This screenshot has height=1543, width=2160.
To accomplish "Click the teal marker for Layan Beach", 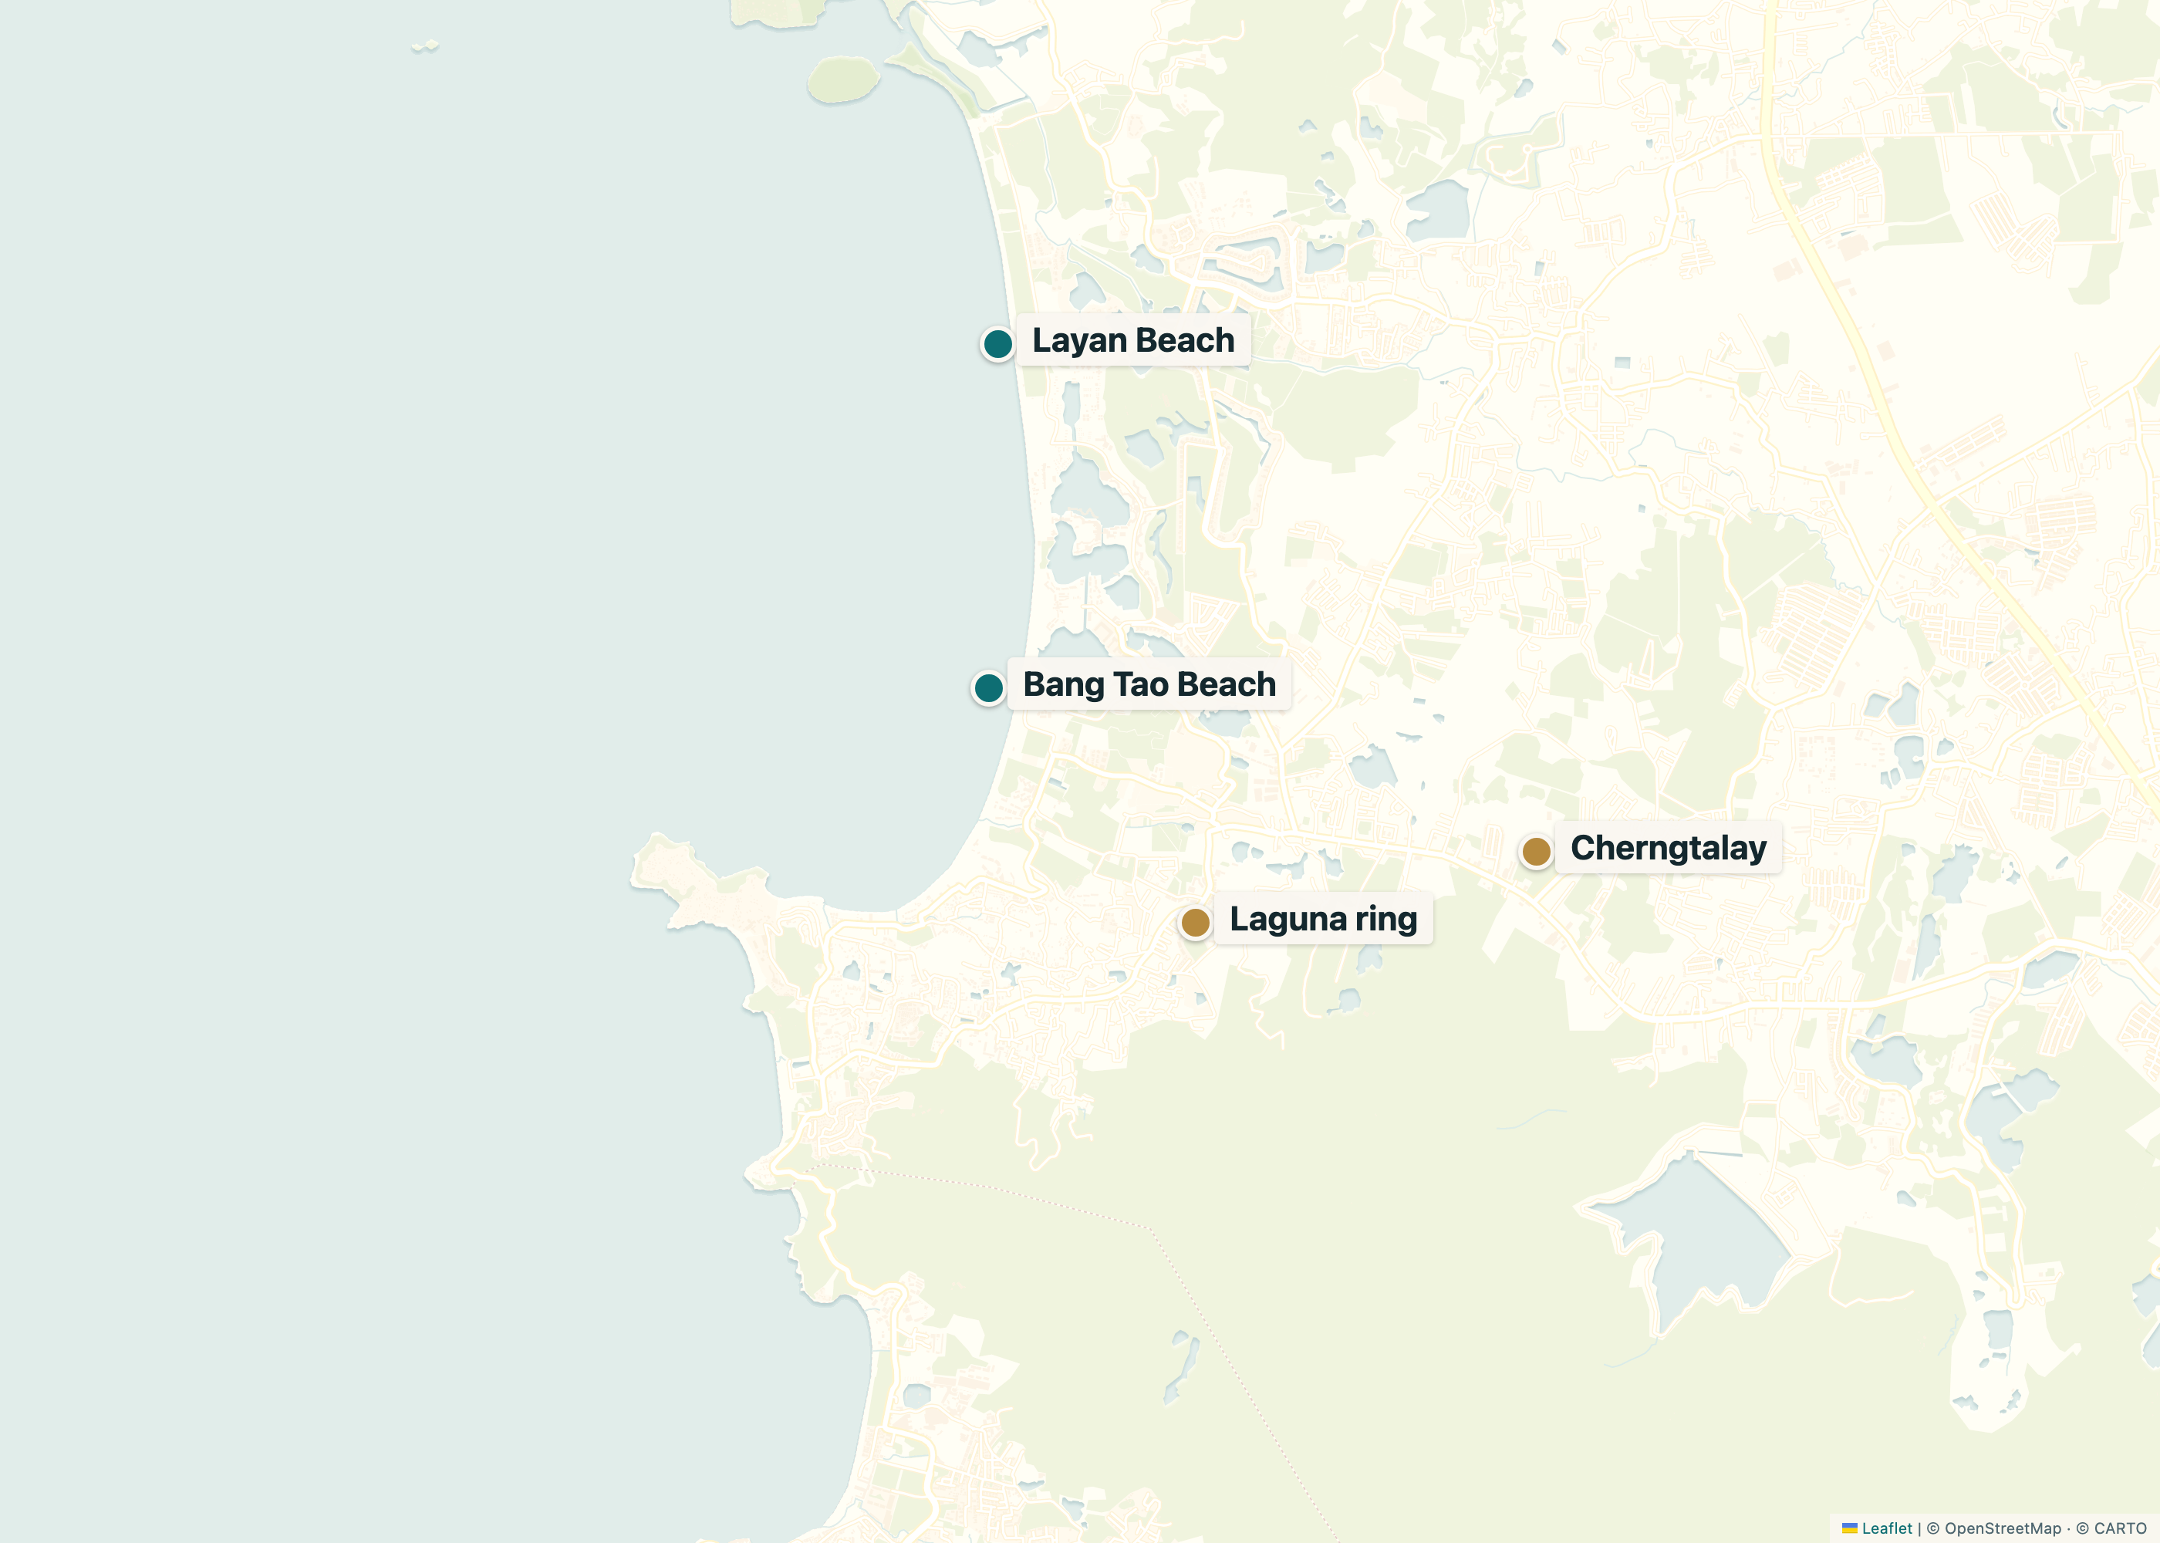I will [997, 343].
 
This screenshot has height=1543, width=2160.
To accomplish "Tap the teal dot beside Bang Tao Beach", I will [988, 687].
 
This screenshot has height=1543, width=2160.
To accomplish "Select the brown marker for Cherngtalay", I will [1536, 851].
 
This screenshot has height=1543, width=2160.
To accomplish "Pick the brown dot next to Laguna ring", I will [1195, 922].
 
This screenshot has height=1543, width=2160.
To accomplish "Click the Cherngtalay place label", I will [1668, 848].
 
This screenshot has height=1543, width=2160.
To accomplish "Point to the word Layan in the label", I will [1079, 340].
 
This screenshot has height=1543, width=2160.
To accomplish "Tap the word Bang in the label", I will [1063, 684].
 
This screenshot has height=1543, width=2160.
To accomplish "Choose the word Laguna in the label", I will [1288, 919].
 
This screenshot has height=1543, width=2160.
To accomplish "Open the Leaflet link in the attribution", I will [1886, 1528].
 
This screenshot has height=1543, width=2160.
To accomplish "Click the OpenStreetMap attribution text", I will [2003, 1528].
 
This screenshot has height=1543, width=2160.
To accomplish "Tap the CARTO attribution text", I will [2120, 1528].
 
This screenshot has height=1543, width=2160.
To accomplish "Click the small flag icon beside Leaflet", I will [1849, 1528].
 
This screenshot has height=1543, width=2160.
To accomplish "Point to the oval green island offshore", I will [842, 79].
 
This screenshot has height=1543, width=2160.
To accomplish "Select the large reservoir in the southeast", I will [1700, 1235].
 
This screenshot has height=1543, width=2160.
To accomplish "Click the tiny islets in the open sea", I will [424, 46].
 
